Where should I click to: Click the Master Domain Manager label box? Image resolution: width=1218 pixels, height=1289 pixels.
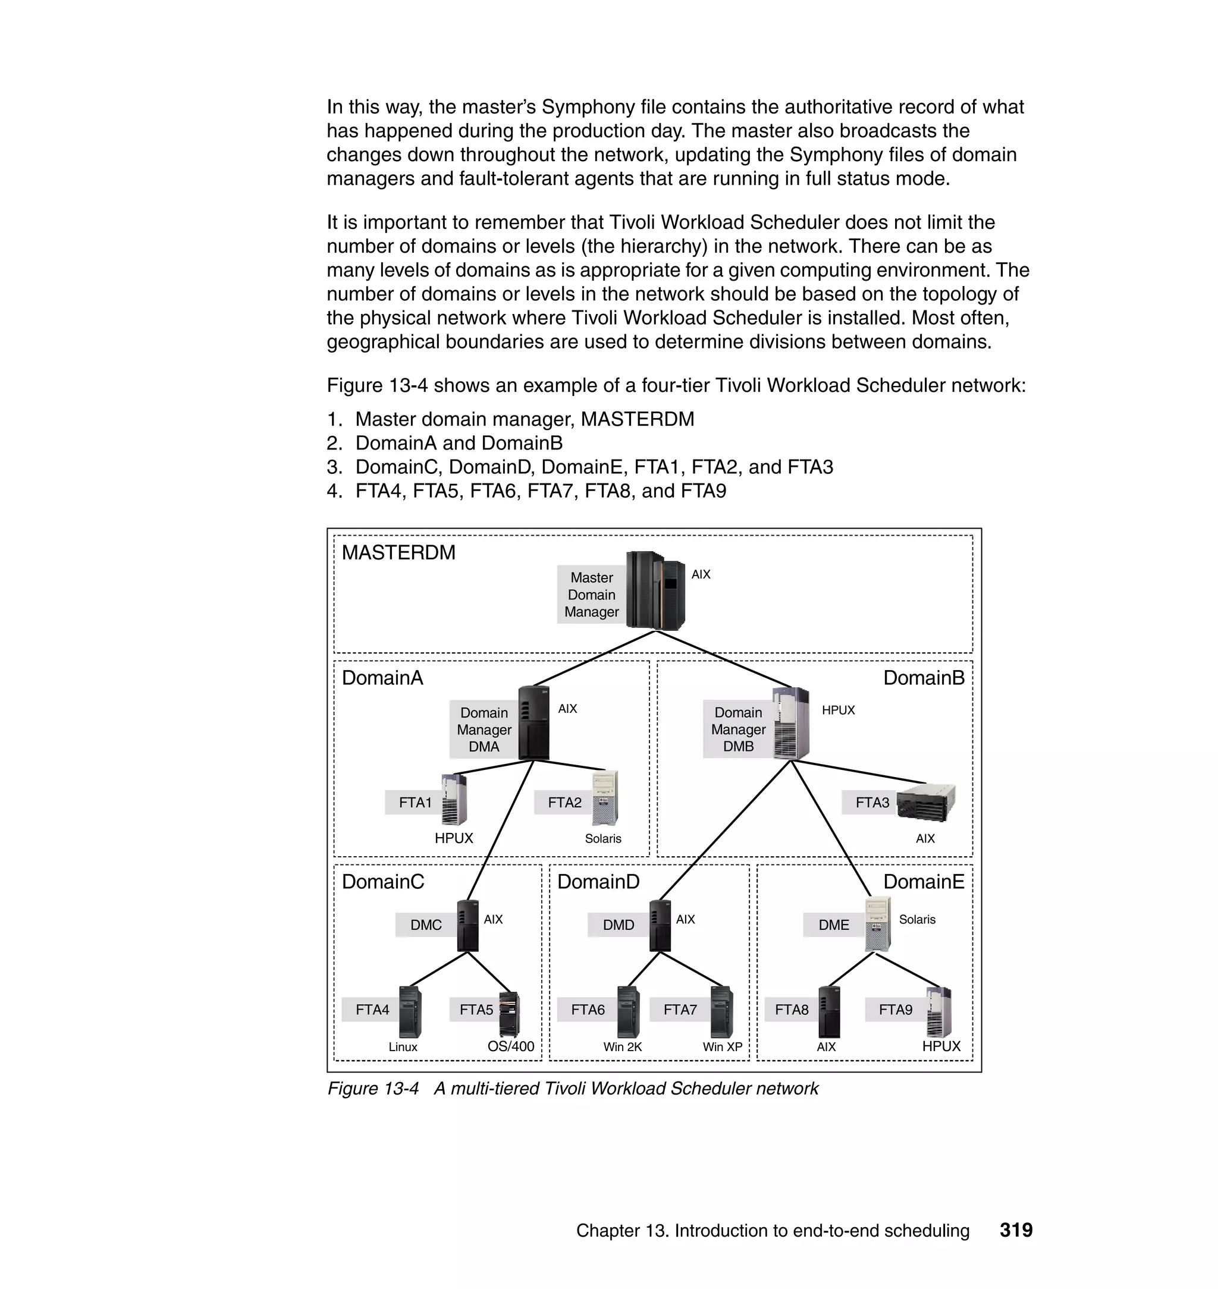591,595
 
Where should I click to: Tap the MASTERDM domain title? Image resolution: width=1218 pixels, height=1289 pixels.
398,552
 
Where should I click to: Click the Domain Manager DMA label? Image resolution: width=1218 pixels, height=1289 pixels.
484,730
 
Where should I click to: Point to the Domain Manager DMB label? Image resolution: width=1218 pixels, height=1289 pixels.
738,730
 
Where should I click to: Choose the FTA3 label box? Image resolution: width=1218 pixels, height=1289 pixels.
871,803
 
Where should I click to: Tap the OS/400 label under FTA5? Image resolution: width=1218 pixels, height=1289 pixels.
510,1046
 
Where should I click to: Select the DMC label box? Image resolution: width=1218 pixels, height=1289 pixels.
426,925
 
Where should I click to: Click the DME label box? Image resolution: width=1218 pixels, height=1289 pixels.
834,925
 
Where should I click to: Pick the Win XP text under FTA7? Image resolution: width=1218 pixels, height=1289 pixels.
722,1047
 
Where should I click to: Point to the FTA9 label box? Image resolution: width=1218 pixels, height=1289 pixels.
895,1010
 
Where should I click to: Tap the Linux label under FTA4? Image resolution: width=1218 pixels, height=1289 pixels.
403,1047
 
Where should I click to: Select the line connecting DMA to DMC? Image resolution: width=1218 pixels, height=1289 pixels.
500,831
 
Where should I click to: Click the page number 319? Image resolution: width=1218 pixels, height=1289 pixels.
1016,1230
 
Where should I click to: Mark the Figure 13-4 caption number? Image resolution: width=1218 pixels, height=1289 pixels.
373,1089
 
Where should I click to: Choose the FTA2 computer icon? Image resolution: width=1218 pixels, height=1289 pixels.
604,798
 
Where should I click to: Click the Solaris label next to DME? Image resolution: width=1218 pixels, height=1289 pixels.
916,920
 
